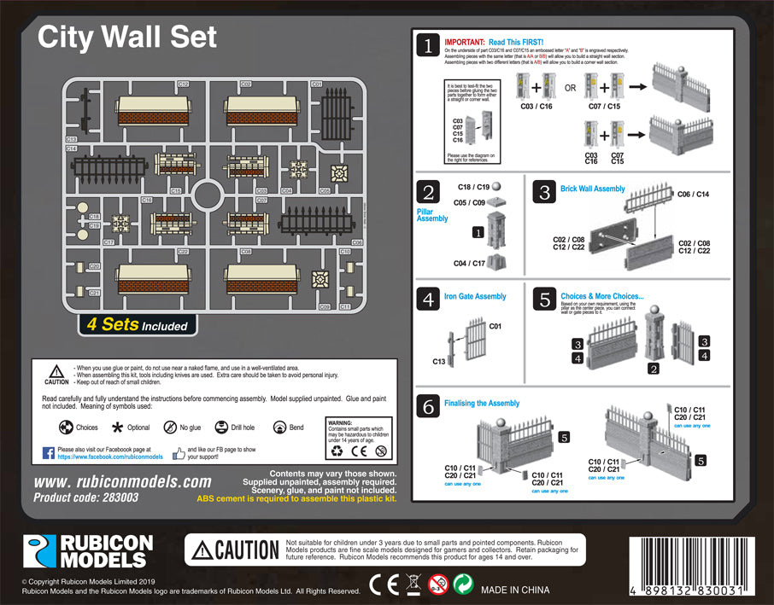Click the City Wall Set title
(127, 37)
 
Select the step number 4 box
(428, 300)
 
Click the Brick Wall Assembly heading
(592, 189)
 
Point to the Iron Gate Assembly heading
(475, 296)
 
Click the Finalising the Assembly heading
(481, 403)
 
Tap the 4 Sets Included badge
(137, 325)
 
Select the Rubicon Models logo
(88, 551)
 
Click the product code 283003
(85, 497)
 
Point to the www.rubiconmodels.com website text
(122, 481)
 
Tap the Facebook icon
(49, 451)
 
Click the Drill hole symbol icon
(221, 427)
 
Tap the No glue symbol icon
(171, 427)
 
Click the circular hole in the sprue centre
(208, 195)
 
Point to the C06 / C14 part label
(693, 195)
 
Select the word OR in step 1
(570, 88)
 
